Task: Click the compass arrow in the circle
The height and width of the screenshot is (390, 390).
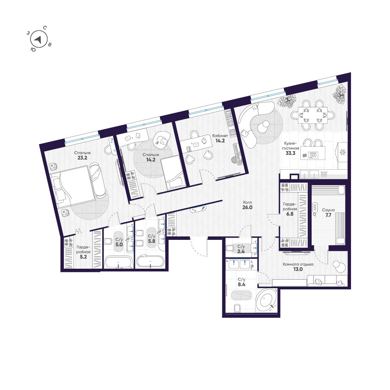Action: [38, 39]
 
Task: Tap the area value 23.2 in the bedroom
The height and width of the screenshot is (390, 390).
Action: [82, 158]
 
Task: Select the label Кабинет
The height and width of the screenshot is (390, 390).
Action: [220, 136]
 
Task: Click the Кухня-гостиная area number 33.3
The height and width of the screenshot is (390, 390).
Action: [290, 153]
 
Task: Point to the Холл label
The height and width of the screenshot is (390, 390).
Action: [247, 202]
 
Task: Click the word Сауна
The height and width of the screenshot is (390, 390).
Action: [328, 210]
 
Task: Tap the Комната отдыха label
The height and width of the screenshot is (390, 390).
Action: [298, 264]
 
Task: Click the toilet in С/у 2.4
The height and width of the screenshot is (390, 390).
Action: [229, 248]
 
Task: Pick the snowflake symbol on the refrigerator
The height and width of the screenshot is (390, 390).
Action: [343, 152]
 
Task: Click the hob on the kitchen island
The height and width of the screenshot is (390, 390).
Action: [313, 155]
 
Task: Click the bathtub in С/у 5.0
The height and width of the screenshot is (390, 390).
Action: [118, 262]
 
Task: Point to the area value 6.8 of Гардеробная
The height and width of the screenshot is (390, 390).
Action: [290, 214]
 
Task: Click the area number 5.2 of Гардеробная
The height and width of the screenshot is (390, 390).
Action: [83, 257]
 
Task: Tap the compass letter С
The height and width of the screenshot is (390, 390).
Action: [45, 28]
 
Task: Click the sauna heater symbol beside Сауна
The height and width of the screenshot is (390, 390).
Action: [315, 207]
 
